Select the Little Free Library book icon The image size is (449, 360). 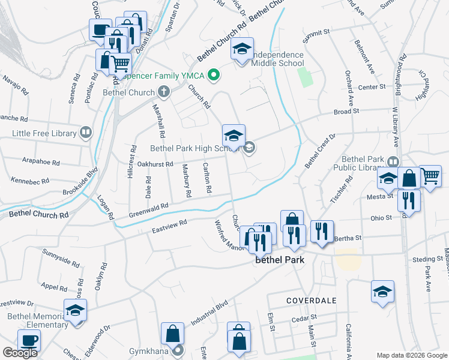[86, 133]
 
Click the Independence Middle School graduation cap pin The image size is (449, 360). [242, 49]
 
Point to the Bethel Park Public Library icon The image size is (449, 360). [393, 161]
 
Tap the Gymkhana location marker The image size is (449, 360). [178, 350]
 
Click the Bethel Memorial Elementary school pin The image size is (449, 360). [76, 310]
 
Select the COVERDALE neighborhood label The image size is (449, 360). [311, 299]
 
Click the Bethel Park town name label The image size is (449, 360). [280, 260]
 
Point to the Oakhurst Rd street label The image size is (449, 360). [155, 164]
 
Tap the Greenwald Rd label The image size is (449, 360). [148, 210]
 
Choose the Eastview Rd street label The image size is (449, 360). [169, 226]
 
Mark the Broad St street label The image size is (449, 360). [346, 111]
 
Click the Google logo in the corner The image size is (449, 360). [20, 353]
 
